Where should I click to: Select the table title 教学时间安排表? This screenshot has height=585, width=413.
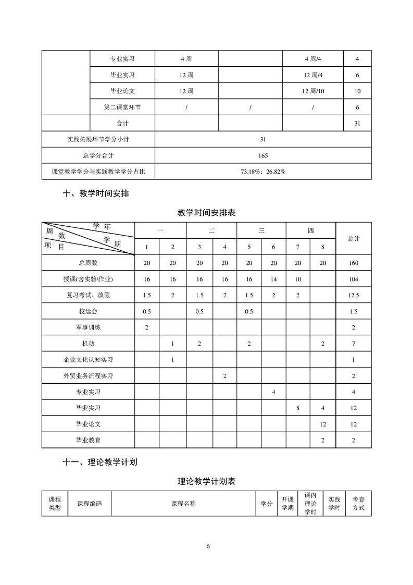click(x=206, y=213)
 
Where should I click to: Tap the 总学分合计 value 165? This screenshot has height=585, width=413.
click(x=263, y=155)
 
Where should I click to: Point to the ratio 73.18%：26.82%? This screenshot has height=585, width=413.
click(x=263, y=172)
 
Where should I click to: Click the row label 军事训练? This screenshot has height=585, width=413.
click(x=88, y=327)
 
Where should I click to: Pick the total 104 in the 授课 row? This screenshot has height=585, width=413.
click(x=354, y=279)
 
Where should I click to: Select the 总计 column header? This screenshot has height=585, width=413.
click(x=354, y=238)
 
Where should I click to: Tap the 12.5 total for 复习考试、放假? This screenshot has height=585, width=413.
click(x=354, y=295)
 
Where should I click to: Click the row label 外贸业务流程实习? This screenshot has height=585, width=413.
click(x=88, y=375)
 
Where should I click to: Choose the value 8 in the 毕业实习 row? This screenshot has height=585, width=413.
click(x=298, y=408)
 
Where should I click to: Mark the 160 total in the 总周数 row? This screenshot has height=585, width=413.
click(x=354, y=263)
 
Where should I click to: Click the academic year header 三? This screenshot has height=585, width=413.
click(x=261, y=230)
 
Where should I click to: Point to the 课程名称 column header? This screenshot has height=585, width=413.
click(x=183, y=504)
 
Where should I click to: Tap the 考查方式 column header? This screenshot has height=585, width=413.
click(x=358, y=504)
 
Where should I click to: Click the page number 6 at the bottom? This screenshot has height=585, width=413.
click(x=208, y=546)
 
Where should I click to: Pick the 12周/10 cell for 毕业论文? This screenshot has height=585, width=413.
click(x=313, y=91)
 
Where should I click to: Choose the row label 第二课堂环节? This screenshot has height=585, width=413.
click(x=122, y=107)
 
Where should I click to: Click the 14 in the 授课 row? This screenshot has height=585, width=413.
click(x=273, y=279)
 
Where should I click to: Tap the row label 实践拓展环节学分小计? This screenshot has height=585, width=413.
click(x=98, y=140)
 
